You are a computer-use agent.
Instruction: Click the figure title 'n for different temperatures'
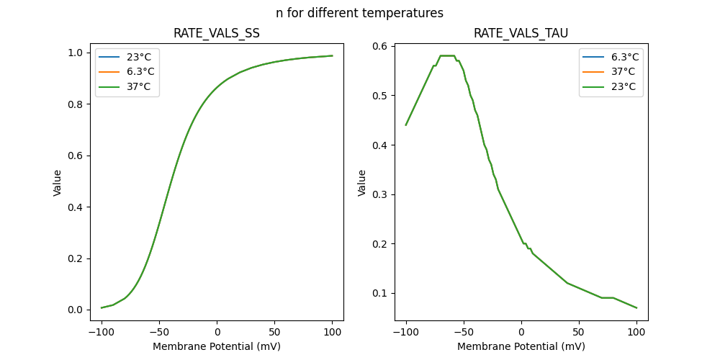pos(359,13)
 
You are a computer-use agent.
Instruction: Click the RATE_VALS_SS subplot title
pos(217,34)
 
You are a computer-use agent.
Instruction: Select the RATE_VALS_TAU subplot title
pos(521,34)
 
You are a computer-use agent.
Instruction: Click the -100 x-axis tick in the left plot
pos(102,331)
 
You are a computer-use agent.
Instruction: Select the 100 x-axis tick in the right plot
pos(636,331)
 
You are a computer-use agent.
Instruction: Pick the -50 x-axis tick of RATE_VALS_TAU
pos(464,331)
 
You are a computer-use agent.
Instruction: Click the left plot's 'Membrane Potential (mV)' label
pos(217,346)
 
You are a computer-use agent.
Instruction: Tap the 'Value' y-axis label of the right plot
pos(362,183)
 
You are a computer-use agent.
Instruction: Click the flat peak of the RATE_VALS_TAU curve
pos(447,55)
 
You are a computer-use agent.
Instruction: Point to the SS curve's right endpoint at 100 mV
pos(332,55)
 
